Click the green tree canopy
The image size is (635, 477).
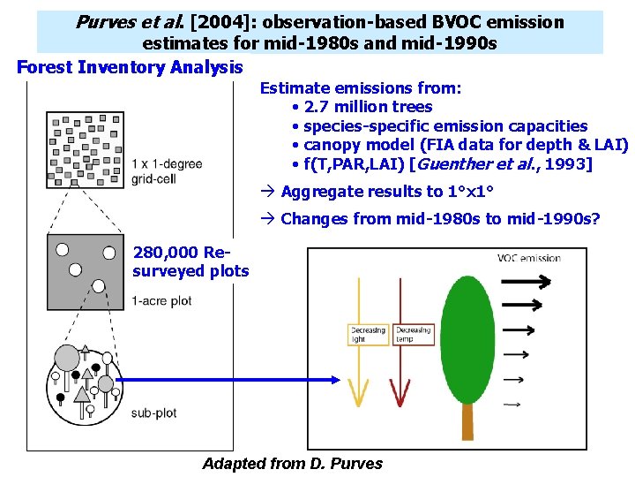tap(468, 336)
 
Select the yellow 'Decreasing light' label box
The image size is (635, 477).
tap(369, 335)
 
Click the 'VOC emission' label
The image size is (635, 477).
tap(528, 258)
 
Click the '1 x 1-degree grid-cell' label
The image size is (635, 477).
tap(166, 170)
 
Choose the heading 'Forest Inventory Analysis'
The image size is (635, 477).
tap(130, 67)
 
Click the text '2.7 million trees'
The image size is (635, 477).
tap(368, 107)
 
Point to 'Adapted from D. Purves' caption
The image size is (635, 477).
tap(292, 464)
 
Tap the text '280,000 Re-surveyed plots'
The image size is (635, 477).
tap(190, 261)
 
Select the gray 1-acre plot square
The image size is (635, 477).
tap(86, 272)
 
